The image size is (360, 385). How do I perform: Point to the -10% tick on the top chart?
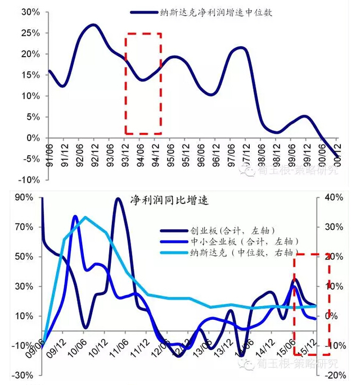click(28, 180)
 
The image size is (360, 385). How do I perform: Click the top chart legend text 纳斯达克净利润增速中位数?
click(216, 12)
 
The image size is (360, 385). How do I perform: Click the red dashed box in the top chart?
click(143, 83)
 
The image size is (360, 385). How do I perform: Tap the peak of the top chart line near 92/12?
click(93, 25)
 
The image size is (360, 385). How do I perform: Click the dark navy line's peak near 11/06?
click(118, 199)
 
